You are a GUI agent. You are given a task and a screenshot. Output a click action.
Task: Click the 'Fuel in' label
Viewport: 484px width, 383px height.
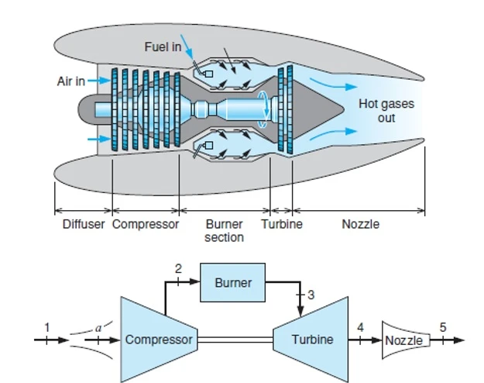(163, 47)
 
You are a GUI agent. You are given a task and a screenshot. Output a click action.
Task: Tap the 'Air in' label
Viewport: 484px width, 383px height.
(70, 81)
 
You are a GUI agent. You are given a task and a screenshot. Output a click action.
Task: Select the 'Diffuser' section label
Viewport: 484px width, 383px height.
(84, 225)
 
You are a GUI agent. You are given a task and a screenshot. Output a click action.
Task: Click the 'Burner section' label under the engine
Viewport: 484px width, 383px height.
(224, 231)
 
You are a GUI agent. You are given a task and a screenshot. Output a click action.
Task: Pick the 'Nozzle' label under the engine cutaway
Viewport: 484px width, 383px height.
(361, 225)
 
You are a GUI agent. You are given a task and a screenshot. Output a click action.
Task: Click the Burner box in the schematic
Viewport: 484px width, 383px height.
(232, 283)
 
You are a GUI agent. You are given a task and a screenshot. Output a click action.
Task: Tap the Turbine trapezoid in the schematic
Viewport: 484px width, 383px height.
(310, 339)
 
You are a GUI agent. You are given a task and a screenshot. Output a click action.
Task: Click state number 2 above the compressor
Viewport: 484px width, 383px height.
(178, 269)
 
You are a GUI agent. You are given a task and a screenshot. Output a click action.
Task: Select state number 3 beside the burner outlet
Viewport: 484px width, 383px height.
(311, 295)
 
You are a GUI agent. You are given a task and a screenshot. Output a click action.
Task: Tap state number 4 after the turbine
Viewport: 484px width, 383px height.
(360, 326)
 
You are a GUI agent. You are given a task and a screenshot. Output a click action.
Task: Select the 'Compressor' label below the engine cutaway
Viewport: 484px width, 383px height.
(146, 225)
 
